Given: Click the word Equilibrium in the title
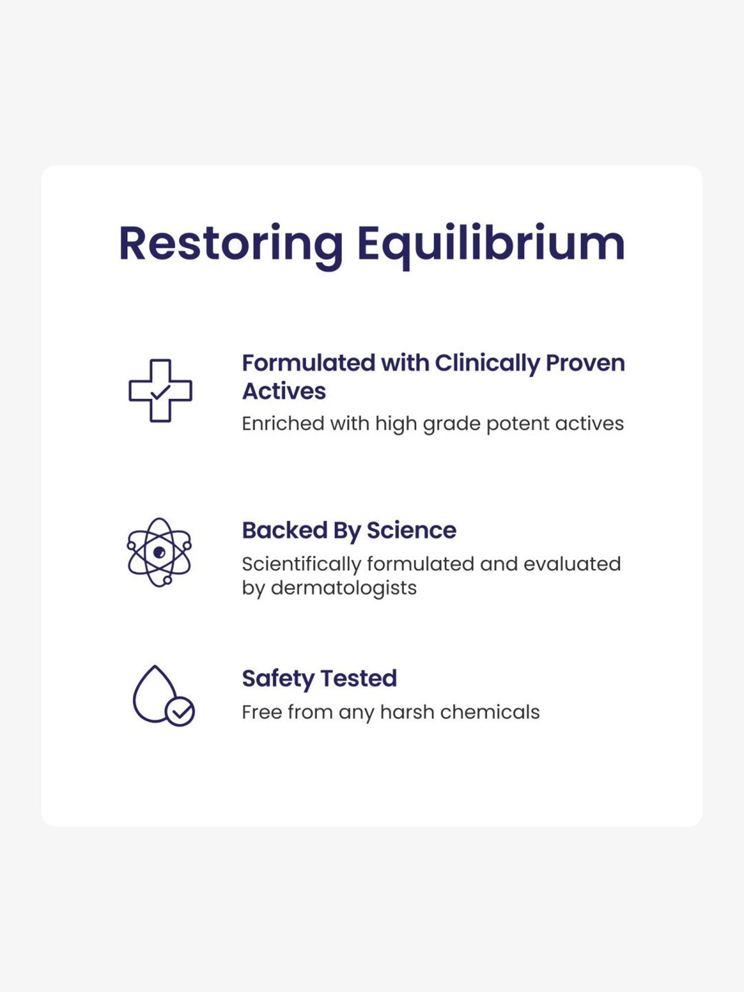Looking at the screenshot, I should click(491, 244).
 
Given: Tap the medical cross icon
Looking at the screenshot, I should click(160, 391).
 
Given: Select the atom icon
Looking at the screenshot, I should click(159, 552).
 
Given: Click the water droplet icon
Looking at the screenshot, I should click(155, 694).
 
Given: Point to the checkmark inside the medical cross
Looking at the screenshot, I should click(160, 392).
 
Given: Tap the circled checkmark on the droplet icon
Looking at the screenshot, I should click(180, 712).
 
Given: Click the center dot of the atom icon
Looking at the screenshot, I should click(159, 552).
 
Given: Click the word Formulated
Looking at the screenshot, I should click(308, 363).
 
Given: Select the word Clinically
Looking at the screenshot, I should click(487, 363).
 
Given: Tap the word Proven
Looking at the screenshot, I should click(585, 363).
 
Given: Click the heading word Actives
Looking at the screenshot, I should click(284, 391).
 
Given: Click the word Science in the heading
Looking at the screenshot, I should click(411, 530).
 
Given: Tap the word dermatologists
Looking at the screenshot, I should click(343, 588).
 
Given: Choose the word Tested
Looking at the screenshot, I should click(359, 678).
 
